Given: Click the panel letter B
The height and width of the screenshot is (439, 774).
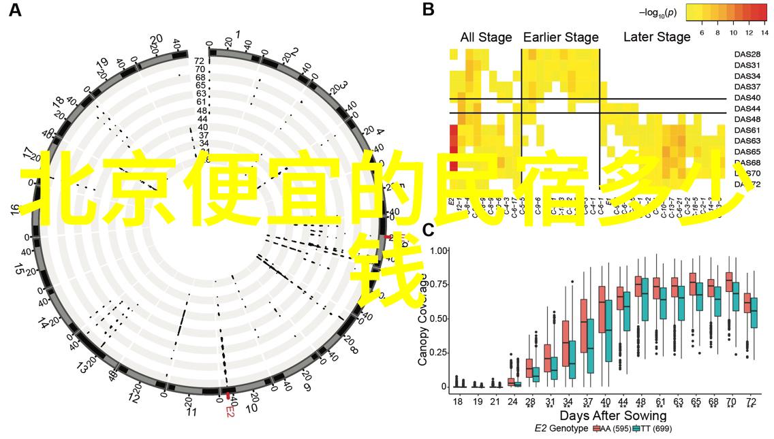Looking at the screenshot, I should (428, 10).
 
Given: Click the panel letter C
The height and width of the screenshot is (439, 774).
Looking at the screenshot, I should (429, 230).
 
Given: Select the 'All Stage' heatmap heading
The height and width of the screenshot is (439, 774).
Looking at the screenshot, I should (486, 37).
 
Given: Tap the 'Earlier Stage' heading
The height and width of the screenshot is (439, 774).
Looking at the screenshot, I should (561, 37).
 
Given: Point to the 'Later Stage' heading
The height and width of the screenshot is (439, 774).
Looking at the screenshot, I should (657, 37).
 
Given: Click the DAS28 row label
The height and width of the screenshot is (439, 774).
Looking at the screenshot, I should (747, 54).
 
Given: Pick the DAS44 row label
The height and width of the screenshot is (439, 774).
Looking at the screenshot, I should (747, 109).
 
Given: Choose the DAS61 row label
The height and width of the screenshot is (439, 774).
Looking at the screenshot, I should (747, 130).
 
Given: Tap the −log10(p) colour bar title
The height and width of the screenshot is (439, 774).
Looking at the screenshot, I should (657, 12).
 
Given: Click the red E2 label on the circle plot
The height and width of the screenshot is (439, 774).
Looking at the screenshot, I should (230, 412).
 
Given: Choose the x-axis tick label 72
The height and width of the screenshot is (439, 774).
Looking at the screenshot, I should (750, 403).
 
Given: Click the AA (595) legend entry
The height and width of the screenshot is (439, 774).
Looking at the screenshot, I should (612, 429).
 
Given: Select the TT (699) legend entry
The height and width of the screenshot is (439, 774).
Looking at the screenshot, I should (652, 429).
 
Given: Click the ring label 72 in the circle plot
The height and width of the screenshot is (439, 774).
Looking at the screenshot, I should (200, 61).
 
